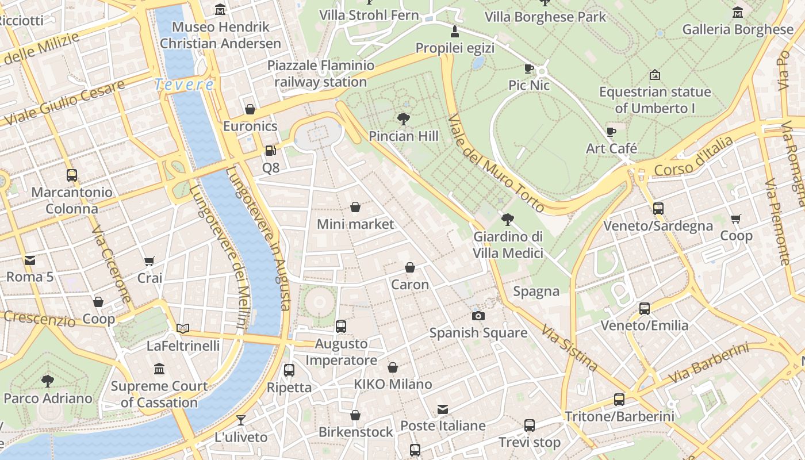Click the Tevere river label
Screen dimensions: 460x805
point(184,85)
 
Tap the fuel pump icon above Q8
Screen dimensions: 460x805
point(270,151)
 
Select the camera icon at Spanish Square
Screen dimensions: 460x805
point(478,316)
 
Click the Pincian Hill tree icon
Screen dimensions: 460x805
point(404,119)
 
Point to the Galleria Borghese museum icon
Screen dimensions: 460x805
point(738,12)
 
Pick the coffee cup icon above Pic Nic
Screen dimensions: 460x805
point(530,69)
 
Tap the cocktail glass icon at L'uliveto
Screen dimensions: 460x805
point(241,420)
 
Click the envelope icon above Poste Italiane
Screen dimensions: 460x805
point(443,409)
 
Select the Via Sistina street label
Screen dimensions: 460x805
point(569,347)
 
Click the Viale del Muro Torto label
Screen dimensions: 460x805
point(495,163)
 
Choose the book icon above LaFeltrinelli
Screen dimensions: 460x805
point(183,328)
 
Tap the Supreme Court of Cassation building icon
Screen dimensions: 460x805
point(159,369)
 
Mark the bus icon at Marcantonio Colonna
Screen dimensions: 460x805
point(72,175)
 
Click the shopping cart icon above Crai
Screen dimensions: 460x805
point(149,261)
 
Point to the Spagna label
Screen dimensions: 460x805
point(536,292)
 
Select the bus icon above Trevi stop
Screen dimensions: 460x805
point(530,425)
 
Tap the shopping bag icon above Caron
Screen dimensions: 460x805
point(410,267)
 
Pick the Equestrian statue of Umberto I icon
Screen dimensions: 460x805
point(654,75)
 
